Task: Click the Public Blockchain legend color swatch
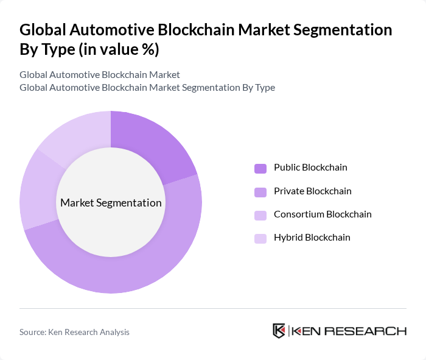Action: click(260, 168)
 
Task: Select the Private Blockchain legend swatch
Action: click(260, 192)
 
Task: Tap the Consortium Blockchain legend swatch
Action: click(260, 215)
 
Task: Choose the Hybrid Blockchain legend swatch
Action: click(260, 238)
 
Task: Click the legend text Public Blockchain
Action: click(310, 168)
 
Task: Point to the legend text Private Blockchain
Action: click(312, 191)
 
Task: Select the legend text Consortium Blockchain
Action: click(323, 214)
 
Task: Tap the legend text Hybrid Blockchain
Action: click(312, 238)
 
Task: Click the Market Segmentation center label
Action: click(111, 203)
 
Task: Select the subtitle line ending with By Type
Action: click(147, 88)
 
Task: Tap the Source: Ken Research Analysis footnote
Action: click(74, 332)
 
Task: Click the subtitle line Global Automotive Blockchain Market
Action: click(99, 75)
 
